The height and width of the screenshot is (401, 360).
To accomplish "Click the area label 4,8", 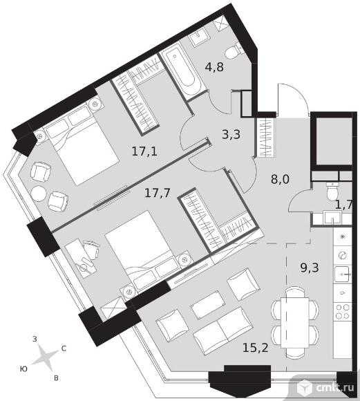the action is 214,67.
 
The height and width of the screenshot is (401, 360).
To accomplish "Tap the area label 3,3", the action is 231,134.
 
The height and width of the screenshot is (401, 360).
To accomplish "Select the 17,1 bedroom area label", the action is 144,151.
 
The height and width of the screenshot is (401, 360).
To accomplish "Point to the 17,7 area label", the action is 158,192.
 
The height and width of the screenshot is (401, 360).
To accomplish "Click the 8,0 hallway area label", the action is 280,179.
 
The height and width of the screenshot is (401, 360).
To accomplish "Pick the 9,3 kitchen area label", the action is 310,268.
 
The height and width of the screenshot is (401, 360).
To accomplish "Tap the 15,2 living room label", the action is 256,348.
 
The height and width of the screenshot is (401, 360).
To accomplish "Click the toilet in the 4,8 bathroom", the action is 234,52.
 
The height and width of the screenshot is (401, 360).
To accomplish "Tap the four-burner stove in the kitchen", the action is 343,311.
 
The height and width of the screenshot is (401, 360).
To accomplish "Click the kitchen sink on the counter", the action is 343,274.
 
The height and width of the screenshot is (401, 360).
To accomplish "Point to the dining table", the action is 295,323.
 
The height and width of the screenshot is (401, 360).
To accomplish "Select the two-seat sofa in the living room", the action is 223,331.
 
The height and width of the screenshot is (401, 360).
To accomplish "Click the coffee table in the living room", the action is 207,304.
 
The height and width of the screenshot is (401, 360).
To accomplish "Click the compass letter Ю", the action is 23,369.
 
